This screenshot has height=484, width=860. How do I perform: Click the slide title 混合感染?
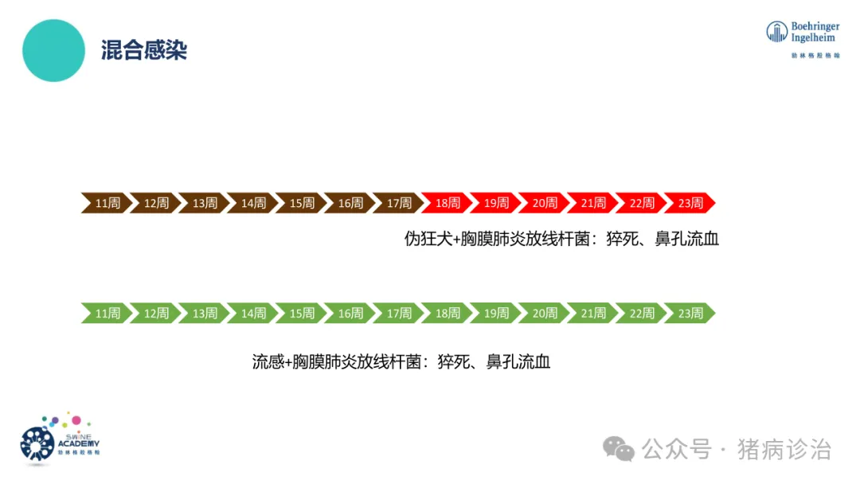coord(144,51)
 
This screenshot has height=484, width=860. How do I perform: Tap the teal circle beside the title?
coord(54,51)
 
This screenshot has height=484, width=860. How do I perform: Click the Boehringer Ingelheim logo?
coord(803,38)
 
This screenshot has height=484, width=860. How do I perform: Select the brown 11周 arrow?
coord(107,203)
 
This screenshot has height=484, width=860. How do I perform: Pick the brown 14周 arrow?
coord(253,203)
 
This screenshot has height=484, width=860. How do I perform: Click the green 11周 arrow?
coord(107,313)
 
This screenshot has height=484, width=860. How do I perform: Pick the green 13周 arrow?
coord(205,313)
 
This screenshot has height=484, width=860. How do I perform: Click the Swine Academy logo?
coord(59,439)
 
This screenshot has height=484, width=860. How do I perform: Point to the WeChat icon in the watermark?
coord(619,449)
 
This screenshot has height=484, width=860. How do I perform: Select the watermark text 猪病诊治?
coord(784,449)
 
